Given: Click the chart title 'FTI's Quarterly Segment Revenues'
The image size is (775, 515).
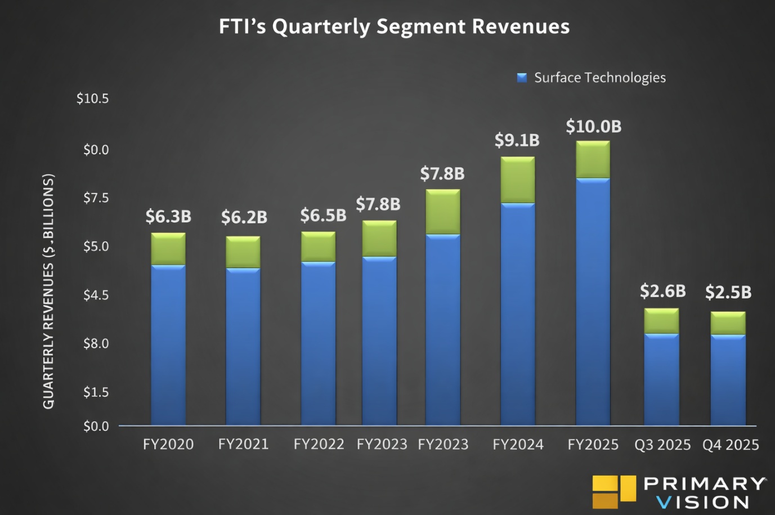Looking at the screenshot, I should (394, 26).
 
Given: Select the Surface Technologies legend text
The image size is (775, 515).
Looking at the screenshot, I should (599, 78).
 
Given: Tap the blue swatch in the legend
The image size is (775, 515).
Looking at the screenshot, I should (522, 78).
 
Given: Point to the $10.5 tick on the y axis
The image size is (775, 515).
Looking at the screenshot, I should (93, 98).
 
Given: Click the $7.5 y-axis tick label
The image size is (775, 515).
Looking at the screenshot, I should (96, 198).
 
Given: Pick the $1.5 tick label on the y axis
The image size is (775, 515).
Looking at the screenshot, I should (96, 392).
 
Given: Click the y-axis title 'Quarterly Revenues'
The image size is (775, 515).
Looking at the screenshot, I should (48, 291).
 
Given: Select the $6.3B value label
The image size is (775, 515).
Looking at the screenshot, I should (168, 216).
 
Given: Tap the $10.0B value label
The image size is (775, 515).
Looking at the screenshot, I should (593, 127).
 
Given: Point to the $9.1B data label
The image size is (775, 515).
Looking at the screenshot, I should (517, 140).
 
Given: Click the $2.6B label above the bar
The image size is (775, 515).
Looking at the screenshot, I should (662, 291).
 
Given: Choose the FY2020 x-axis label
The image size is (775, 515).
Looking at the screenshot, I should (168, 444).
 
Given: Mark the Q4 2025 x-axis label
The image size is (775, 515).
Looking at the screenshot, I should (731, 445).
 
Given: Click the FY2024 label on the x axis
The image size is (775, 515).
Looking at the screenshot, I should (518, 445).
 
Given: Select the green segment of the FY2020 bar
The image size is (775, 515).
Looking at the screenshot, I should (168, 249).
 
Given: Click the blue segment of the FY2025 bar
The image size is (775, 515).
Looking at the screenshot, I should (593, 301).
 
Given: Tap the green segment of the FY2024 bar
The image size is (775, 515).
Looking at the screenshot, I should (518, 180).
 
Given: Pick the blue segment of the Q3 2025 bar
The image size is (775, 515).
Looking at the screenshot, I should (661, 379).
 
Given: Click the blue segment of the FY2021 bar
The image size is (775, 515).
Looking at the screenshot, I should (243, 346).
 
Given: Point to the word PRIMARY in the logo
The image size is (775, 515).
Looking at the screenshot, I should (705, 483).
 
